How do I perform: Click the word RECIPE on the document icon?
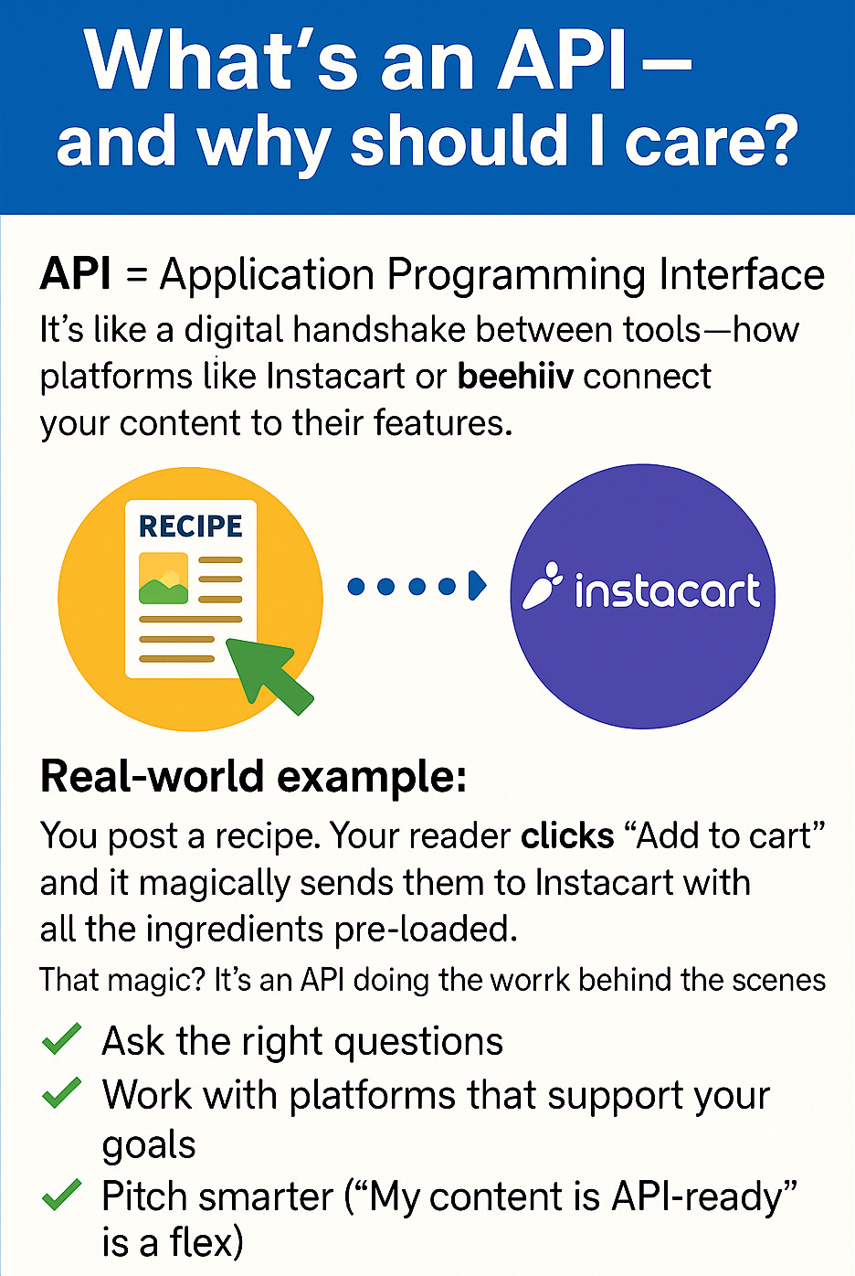pyautogui.click(x=190, y=526)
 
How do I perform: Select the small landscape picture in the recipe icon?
pyautogui.click(x=164, y=579)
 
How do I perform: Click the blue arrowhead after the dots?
pyautogui.click(x=477, y=586)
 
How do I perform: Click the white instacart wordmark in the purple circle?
pyautogui.click(x=667, y=590)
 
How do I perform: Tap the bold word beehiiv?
pyautogui.click(x=515, y=377)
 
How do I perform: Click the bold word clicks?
pyautogui.click(x=567, y=835)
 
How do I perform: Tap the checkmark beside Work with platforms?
pyautogui.click(x=62, y=1093)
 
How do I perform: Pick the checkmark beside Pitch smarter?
pyautogui.click(x=62, y=1195)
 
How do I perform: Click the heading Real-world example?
pyautogui.click(x=254, y=777)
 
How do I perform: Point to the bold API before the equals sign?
pyautogui.click(x=76, y=274)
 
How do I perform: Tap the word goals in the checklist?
pyautogui.click(x=149, y=1145)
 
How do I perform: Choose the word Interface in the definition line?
pyautogui.click(x=742, y=274)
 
